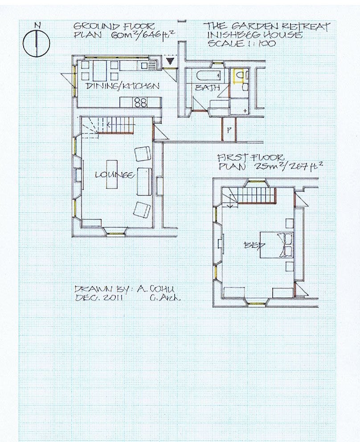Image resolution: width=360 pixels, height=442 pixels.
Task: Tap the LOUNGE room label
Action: point(114,175)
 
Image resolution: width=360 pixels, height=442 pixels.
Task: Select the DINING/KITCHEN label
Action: point(122,86)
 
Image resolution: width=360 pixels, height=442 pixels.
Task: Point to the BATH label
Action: point(207,88)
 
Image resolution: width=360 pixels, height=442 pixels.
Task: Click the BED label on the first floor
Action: point(254,246)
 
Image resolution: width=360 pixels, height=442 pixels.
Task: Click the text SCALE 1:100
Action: point(242,44)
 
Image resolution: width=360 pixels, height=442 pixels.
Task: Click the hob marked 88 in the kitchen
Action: point(140,102)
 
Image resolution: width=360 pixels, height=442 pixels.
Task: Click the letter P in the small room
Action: point(229,130)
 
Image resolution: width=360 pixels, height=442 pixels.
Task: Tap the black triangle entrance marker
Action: point(170,61)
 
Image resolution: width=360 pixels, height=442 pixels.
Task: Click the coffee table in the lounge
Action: point(112,174)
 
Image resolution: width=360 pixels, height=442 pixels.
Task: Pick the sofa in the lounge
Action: point(144,181)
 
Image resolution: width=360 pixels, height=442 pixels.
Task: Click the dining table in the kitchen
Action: point(100,71)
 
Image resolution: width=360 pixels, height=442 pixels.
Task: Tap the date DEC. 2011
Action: point(99,298)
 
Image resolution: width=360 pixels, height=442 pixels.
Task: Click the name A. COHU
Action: point(156,289)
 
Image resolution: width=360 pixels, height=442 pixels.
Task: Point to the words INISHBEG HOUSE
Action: point(255,35)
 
